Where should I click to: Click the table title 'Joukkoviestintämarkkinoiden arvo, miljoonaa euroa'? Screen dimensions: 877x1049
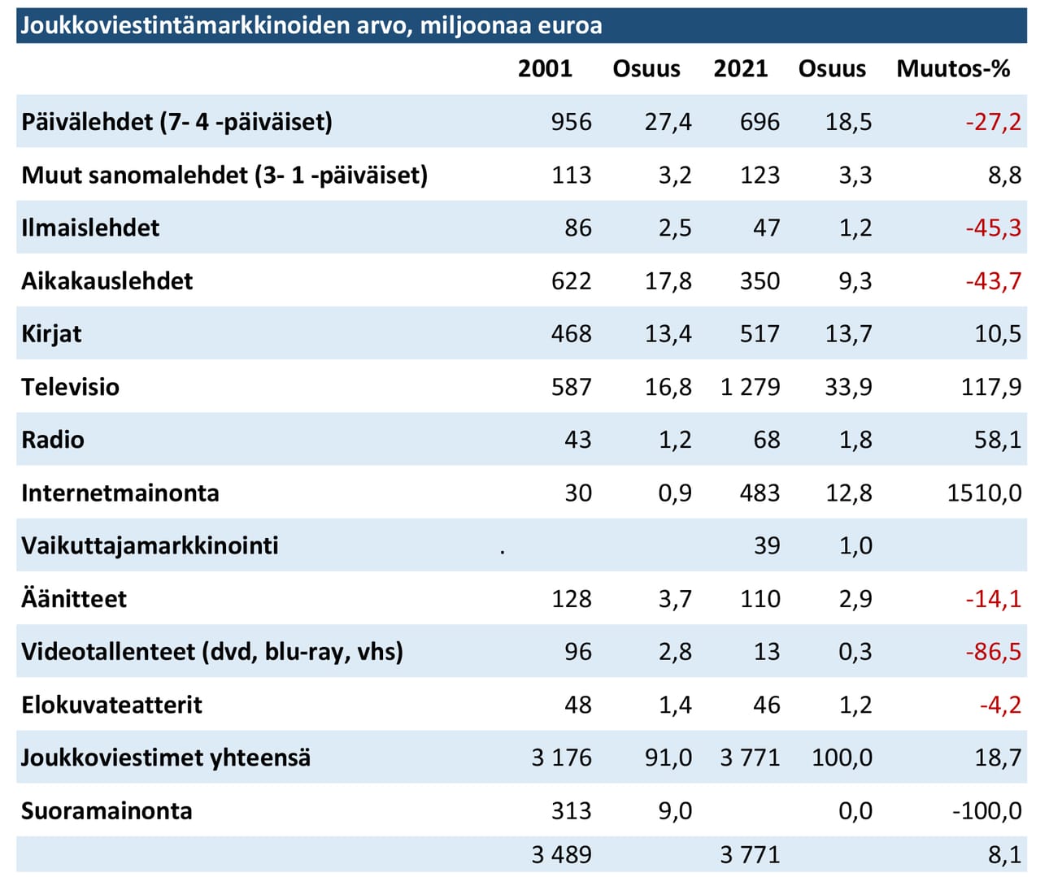pos(311,26)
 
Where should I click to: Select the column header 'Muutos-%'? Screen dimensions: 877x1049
pos(953,68)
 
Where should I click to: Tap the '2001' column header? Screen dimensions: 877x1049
pos(545,68)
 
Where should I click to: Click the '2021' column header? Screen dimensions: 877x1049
pos(740,68)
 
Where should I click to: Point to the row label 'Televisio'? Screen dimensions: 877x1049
pos(71,387)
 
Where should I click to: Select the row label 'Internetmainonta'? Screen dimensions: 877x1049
pos(120,493)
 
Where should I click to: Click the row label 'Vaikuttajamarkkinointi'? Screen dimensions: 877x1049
pos(150,545)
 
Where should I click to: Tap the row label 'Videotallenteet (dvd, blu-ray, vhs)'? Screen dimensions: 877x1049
pos(212,652)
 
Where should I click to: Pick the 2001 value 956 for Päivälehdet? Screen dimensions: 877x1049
pos(571,122)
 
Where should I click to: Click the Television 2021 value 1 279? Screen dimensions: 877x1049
pos(750,387)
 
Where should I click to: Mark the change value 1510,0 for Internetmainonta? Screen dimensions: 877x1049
pos(984,493)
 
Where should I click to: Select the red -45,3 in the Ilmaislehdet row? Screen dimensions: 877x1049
pos(993,228)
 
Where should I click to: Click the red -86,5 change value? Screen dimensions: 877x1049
pos(993,652)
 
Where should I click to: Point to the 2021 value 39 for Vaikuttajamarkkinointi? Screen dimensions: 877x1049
pos(766,545)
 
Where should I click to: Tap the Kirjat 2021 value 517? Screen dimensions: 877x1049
pos(760,334)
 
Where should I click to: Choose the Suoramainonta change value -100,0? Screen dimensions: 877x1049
pos(986,811)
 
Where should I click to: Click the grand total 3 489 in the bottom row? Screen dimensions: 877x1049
pos(561,855)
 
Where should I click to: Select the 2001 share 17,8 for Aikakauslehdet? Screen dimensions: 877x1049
pos(668,281)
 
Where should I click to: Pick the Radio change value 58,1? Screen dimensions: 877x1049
pos(998,440)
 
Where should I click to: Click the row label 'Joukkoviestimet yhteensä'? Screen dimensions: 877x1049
pos(166,758)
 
